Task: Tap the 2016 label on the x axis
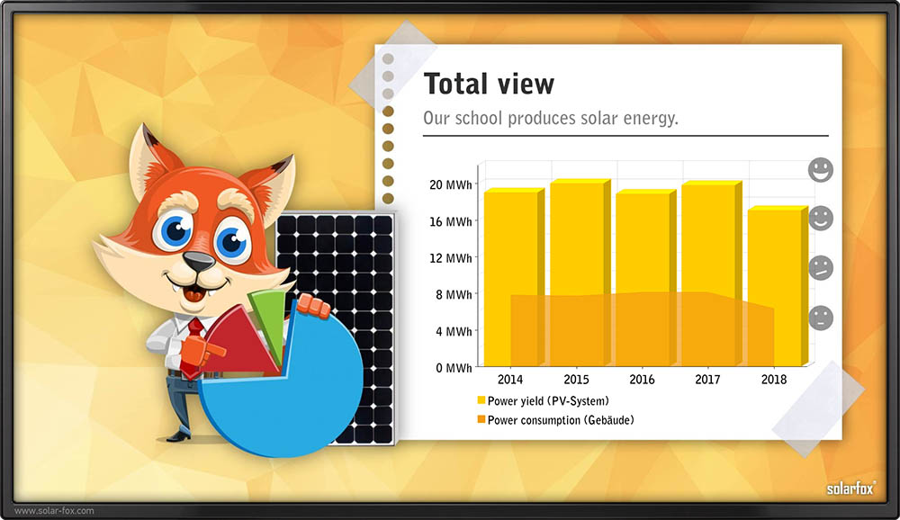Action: (642, 380)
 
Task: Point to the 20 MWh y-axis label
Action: (451, 184)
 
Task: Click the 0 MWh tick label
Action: (454, 368)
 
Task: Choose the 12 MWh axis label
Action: (451, 258)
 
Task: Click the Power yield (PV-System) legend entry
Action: (543, 401)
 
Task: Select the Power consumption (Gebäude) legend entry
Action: (555, 420)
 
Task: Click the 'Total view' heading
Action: (489, 84)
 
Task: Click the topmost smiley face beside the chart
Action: (821, 170)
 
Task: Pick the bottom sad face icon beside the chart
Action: (821, 318)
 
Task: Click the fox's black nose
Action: (199, 262)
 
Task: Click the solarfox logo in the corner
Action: (851, 489)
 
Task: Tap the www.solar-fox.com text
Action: (54, 510)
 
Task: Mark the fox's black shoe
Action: (179, 436)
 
